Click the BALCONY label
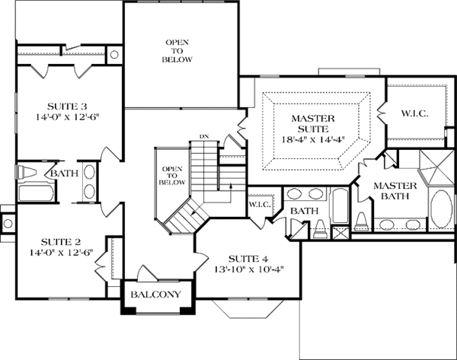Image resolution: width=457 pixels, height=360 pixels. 155,295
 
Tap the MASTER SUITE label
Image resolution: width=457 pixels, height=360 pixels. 313,123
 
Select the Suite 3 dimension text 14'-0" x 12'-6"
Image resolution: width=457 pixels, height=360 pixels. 69,117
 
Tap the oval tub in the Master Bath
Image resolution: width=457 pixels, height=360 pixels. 441,209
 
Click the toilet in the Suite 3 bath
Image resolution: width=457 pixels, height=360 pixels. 26,172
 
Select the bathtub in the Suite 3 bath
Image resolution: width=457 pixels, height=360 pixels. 37,193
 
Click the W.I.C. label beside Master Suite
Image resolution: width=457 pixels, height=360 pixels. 415,113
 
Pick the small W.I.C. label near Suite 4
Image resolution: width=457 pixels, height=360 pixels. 260,205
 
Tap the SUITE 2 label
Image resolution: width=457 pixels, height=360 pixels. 61,242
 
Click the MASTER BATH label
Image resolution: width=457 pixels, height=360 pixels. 395,191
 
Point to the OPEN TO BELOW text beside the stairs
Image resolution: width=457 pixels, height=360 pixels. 172,176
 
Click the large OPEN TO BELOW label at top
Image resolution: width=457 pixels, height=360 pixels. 177,51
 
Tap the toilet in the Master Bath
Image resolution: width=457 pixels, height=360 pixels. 361,221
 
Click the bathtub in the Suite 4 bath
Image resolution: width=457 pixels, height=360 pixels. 339,206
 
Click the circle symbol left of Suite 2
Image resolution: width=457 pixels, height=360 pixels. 8,224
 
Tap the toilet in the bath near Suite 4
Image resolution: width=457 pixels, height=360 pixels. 320,229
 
